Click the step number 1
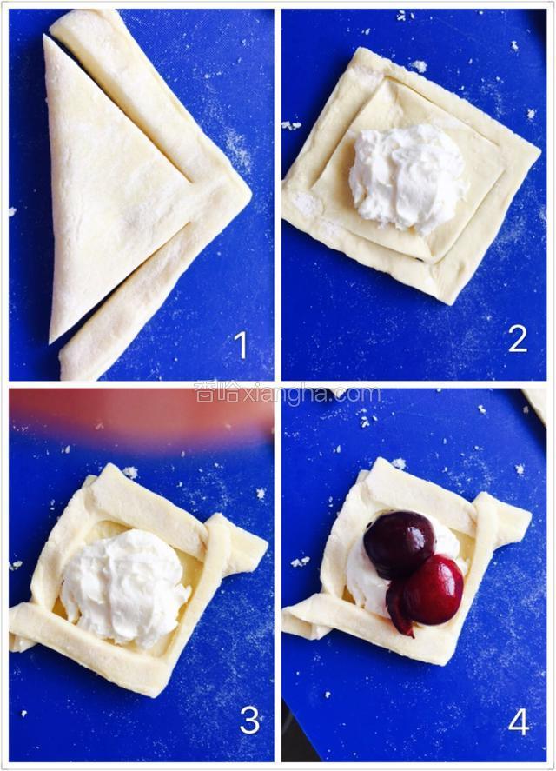241,345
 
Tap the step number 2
518,339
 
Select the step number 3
249,721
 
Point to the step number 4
519,721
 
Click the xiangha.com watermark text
288,393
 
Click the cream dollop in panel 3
125,588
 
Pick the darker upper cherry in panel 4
399,544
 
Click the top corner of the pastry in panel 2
363,50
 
